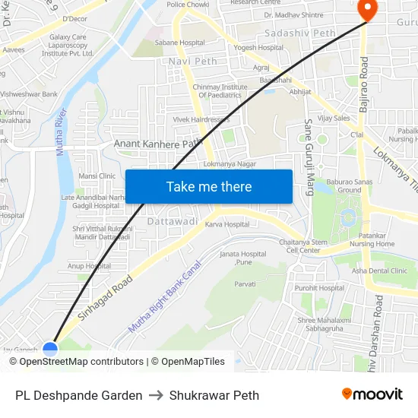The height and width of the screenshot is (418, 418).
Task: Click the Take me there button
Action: pos(209,186)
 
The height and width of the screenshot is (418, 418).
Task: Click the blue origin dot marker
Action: pos(50,350)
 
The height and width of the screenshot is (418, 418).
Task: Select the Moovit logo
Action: pos(372,394)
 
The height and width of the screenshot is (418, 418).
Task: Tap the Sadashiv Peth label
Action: pos(299,33)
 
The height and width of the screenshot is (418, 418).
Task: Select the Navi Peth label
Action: pos(193,61)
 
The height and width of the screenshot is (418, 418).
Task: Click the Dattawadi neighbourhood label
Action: pos(173,221)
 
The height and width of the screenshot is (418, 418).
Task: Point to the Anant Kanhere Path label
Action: pos(158,142)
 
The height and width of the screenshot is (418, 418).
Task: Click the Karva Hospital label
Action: pos(226,225)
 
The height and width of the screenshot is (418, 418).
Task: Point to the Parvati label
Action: pos(245,283)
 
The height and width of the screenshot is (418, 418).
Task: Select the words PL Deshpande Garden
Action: pos(78,395)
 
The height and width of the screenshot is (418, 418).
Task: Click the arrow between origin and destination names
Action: pos(156,395)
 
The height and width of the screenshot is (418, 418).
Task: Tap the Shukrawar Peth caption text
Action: pos(214,395)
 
